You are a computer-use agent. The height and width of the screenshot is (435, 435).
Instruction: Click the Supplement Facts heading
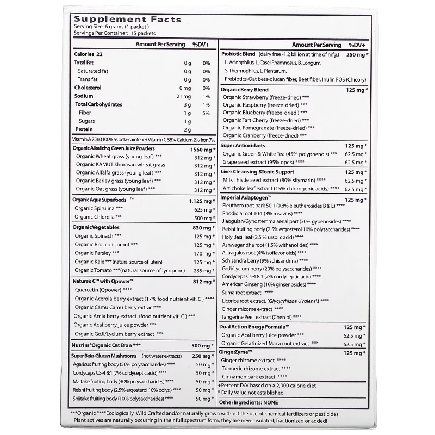127,20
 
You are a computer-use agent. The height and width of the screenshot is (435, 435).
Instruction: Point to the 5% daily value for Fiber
206,113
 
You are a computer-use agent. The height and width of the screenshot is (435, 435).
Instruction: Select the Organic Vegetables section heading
96,227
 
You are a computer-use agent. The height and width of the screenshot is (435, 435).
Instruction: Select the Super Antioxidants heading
243,145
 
